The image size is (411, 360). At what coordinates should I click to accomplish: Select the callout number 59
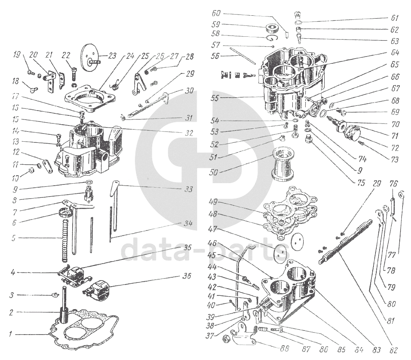click(216, 24)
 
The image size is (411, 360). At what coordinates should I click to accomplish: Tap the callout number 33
click(186, 188)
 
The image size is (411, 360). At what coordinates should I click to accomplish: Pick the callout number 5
click(13, 238)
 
